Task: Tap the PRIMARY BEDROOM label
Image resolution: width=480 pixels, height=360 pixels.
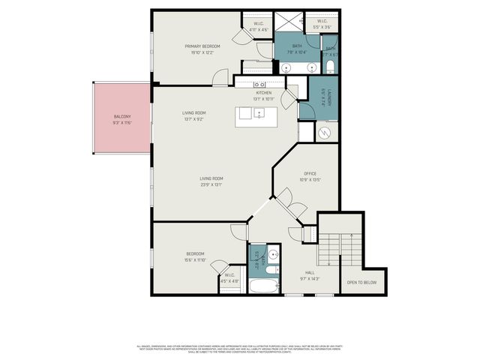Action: (202, 46)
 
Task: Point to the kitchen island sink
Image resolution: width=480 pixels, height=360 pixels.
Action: (259, 115)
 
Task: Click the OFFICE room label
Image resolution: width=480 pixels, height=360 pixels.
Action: (310, 173)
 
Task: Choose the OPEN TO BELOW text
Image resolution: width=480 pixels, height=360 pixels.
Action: (361, 282)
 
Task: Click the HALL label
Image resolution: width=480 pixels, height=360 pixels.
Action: (310, 272)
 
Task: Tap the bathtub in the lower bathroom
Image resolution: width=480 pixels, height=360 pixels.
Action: (263, 286)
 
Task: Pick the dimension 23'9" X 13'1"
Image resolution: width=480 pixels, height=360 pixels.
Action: (211, 184)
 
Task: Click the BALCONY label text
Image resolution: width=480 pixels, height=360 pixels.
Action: (122, 117)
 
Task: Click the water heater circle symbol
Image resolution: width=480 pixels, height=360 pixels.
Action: (325, 132)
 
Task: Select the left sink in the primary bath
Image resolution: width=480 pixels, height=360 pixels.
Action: (289, 68)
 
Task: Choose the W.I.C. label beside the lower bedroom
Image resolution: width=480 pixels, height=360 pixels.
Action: (230, 275)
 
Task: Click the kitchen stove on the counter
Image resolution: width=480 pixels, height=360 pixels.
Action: (259, 85)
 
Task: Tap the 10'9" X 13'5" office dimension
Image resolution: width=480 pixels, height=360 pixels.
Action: (310, 180)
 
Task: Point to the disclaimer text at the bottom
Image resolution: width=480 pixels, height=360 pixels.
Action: (240, 349)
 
